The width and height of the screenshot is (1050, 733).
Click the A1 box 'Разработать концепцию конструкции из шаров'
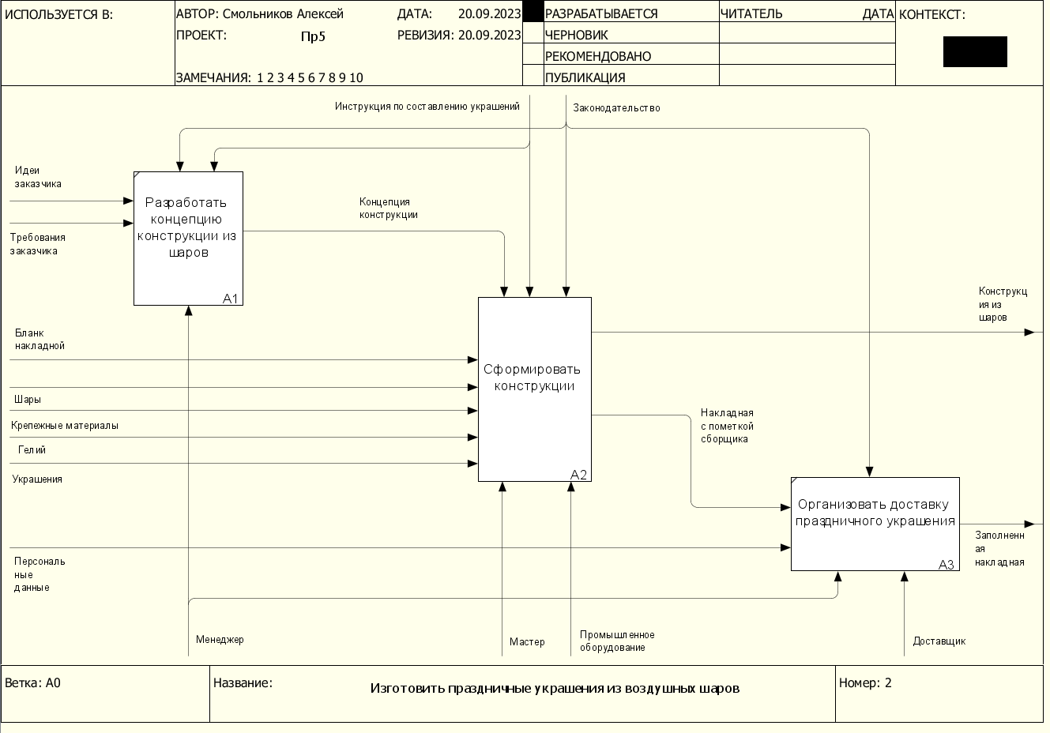189,239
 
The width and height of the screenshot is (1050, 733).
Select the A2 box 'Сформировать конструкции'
535,389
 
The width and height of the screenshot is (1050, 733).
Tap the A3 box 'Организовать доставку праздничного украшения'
875,524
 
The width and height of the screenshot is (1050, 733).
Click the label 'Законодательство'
616,107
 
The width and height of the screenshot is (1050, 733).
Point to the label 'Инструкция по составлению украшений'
427,107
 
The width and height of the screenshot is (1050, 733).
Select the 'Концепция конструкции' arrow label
388,208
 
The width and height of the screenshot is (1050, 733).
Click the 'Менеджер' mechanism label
220,640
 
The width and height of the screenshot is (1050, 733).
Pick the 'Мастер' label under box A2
527,642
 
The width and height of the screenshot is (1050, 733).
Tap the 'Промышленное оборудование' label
617,641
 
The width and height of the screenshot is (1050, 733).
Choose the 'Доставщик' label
939,641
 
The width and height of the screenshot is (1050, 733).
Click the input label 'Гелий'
32,450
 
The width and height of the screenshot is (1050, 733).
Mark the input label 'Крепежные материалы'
65,426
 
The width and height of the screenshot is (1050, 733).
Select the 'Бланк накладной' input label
40,340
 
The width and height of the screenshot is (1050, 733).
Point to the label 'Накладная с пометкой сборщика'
727,426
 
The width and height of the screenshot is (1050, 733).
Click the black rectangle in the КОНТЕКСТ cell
975,51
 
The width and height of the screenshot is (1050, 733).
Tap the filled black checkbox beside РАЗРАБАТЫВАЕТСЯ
533,12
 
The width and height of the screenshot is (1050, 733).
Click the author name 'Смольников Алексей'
283,14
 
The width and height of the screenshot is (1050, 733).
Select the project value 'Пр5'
313,36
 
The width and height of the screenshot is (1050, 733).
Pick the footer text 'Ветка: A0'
33,683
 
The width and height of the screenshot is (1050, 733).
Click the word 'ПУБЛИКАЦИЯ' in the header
585,77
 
